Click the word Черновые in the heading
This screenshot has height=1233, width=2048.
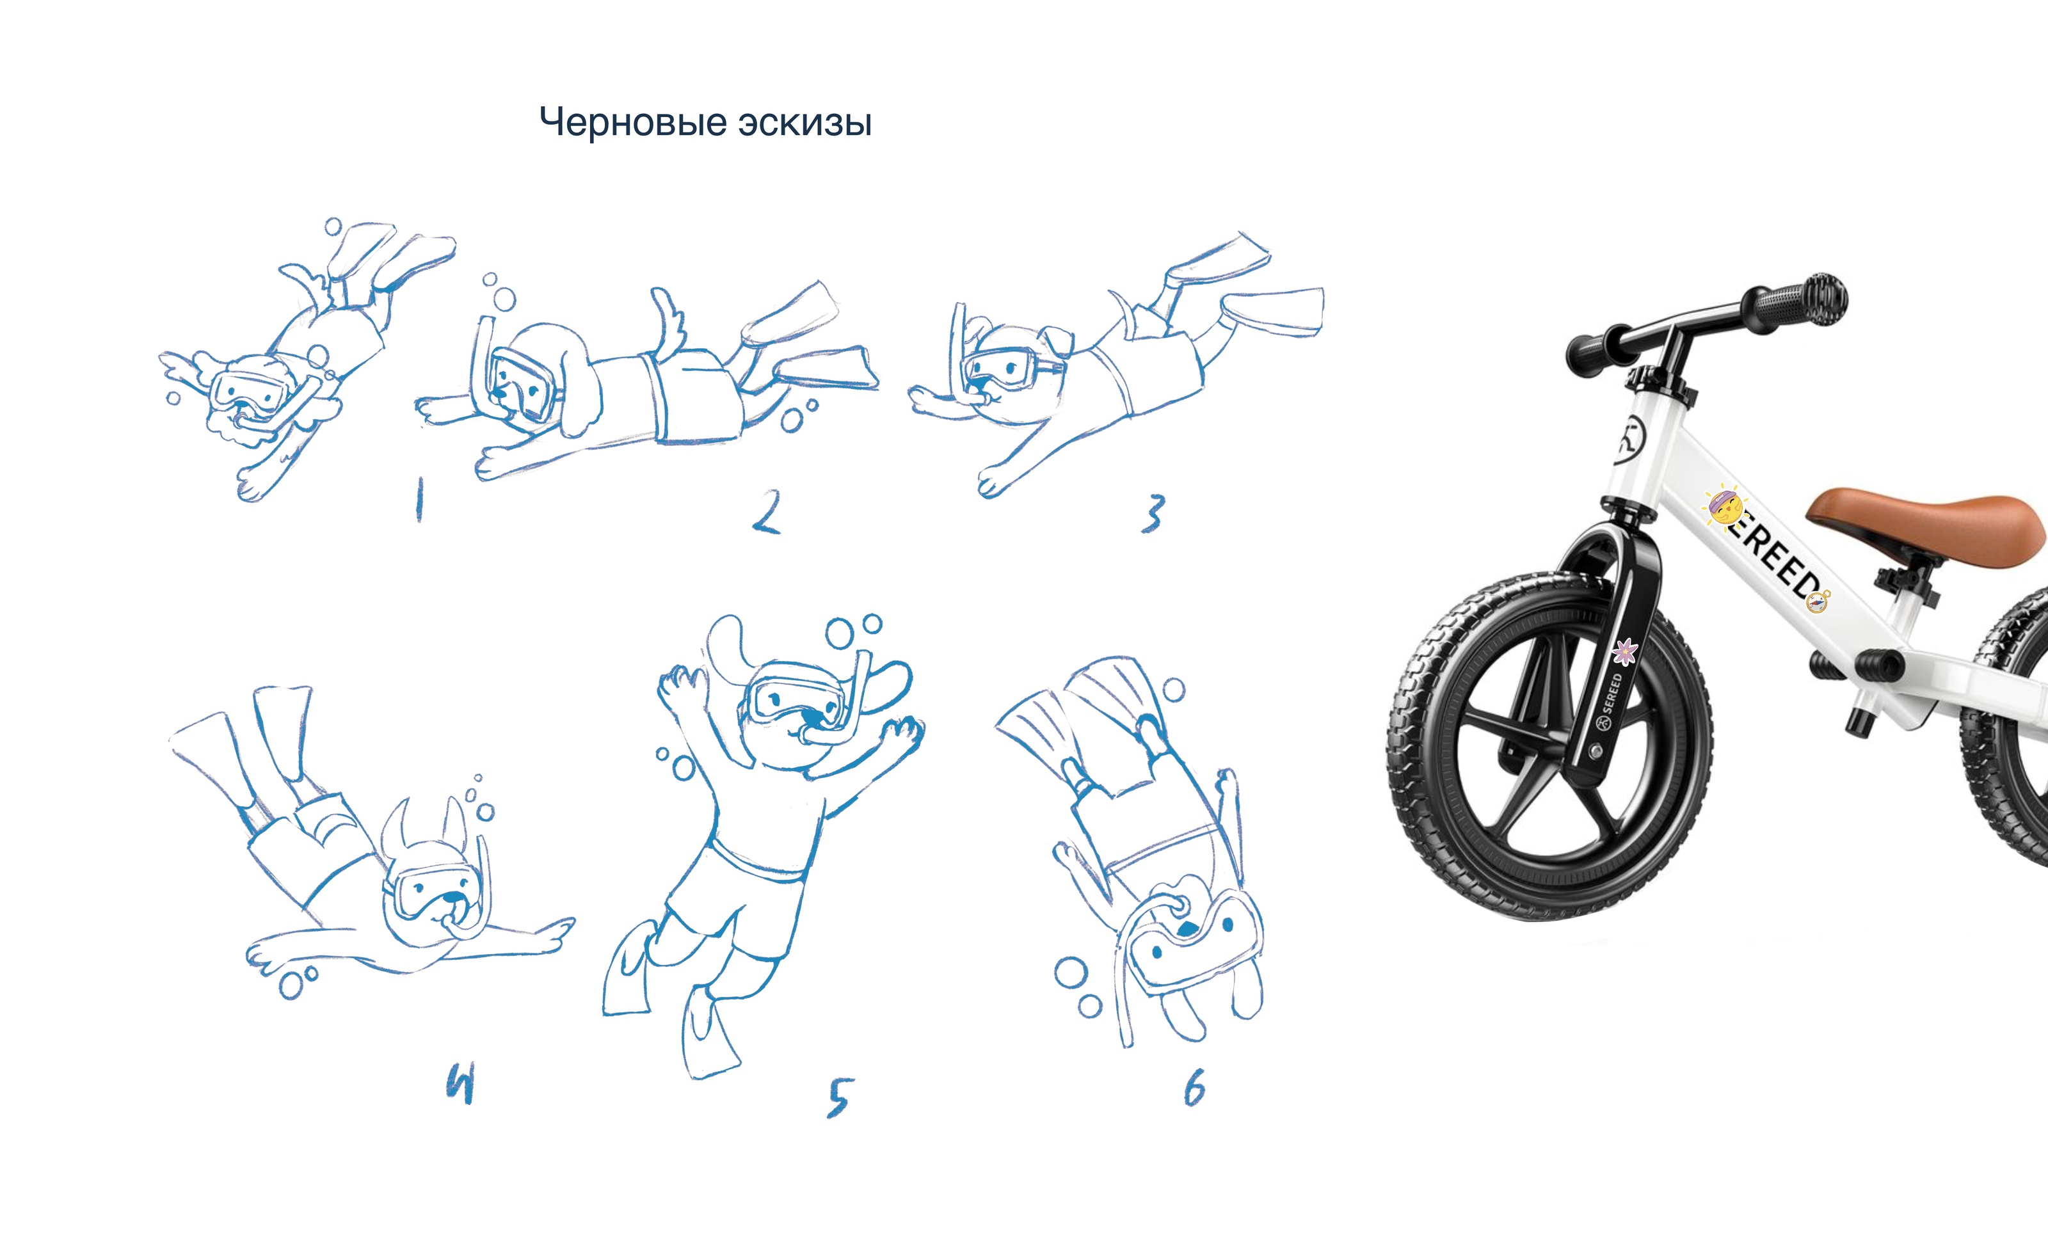click(x=633, y=123)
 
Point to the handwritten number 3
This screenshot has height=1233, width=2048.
click(x=1153, y=513)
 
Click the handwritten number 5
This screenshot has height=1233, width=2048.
click(x=839, y=1097)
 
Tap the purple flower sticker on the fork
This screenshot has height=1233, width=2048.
click(x=1624, y=651)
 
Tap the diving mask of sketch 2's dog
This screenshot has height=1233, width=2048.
click(x=524, y=382)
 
